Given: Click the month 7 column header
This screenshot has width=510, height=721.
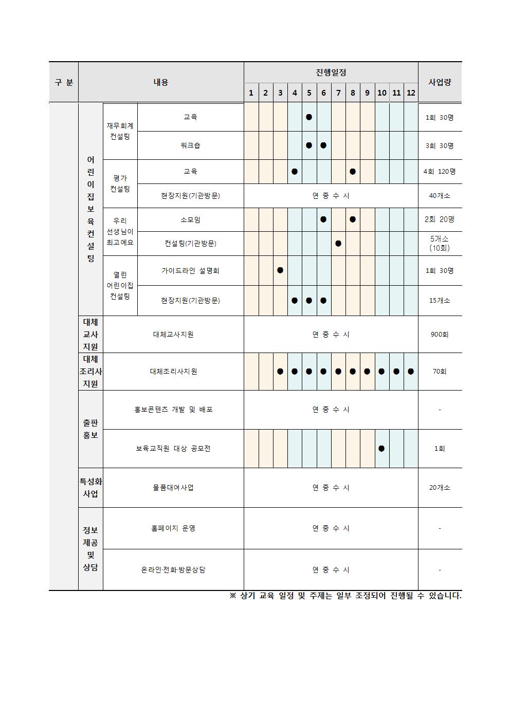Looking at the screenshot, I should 338,93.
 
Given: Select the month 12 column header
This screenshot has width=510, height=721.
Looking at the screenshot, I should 411,93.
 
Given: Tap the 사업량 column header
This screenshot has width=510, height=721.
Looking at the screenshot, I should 440,82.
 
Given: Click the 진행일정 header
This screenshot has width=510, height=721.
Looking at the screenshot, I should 331,72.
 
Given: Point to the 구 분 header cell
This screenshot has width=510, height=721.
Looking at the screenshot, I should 64,82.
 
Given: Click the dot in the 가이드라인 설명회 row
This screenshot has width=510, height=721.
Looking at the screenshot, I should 280,270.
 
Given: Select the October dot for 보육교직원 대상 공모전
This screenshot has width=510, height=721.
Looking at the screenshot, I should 381,448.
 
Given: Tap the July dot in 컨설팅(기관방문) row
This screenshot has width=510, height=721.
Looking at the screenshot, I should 338,243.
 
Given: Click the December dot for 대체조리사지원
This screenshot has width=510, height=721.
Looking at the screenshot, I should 411,371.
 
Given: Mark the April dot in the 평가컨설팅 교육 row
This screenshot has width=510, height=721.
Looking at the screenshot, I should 295,171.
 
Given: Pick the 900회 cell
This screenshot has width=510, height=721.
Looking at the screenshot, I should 440,334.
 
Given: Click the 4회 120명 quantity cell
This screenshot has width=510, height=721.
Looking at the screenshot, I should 440,171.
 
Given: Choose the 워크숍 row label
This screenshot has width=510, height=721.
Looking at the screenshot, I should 190,145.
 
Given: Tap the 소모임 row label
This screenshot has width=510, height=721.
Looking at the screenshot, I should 190,219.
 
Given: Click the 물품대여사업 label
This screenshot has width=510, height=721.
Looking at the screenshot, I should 173,487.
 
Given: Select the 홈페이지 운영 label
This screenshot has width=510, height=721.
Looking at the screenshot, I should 173,528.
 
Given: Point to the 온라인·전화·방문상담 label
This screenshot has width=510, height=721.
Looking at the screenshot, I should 173,569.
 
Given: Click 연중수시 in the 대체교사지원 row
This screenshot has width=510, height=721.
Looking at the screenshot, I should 331,334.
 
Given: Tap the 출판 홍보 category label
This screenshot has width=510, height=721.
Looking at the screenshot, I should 90,429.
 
